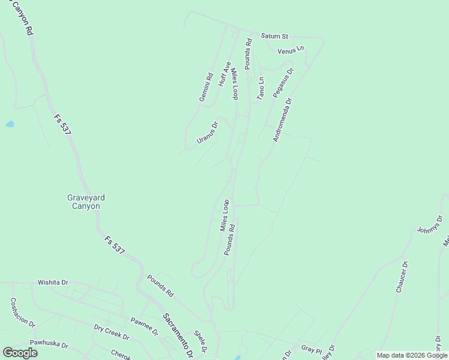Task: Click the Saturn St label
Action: tap(275, 36)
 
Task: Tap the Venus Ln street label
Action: tap(291, 50)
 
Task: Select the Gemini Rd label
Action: tap(206, 87)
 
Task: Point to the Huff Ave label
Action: tap(224, 74)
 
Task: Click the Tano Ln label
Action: tap(261, 88)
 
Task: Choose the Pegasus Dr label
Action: tap(283, 83)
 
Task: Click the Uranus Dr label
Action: tap(207, 133)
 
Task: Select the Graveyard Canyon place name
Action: tap(83, 202)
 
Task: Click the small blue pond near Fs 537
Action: tap(10, 124)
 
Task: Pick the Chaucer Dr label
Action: tap(402, 277)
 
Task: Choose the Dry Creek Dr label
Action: tap(111, 332)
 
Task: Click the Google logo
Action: tap(20, 353)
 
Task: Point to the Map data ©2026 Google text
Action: tap(412, 355)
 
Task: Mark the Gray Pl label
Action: tap(312, 348)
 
